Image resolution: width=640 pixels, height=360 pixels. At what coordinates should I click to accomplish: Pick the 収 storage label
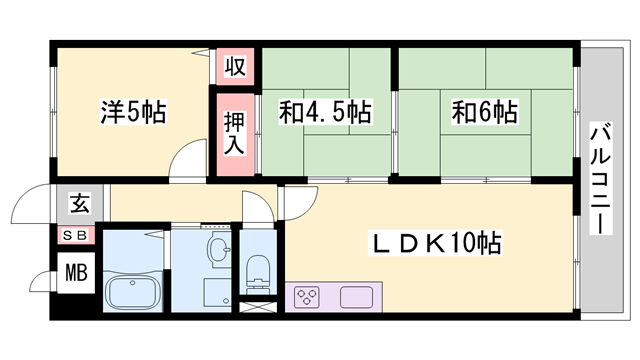[x=234, y=68]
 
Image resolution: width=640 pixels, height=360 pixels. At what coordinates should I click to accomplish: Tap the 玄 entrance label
[x=79, y=206]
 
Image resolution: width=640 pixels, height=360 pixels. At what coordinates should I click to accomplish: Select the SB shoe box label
[x=79, y=235]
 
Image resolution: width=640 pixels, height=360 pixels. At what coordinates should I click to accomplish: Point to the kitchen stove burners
[x=308, y=297]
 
